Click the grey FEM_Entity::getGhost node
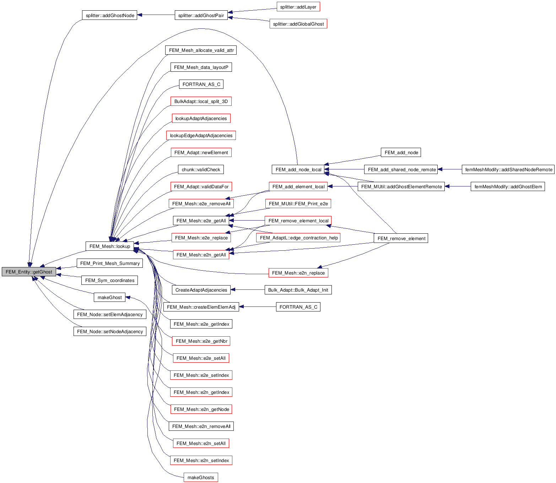tap(29, 272)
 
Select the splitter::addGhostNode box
tap(110, 15)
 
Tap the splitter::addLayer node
tap(298, 7)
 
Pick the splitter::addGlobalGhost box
tap(298, 24)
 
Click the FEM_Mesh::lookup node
tap(110, 246)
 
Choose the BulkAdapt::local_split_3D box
tap(201, 101)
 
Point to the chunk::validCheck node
tap(201, 169)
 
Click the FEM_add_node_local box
tap(298, 169)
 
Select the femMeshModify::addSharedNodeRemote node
tap(508, 169)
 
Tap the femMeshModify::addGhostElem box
tap(508, 186)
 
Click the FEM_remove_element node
tap(401, 238)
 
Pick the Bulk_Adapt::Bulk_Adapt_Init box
tap(298, 290)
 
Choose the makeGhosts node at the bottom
tap(201, 477)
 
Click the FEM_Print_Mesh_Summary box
tap(110, 263)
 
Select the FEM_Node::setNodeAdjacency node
tap(110, 331)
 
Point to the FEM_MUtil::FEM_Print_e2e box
tap(298, 203)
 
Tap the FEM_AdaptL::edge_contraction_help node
tap(298, 238)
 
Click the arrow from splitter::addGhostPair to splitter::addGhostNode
tap(156, 15)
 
